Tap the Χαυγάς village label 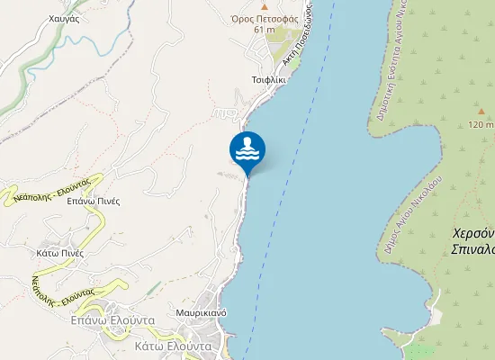[65, 18]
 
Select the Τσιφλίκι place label [269, 79]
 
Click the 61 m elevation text [264, 30]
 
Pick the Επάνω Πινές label [94, 201]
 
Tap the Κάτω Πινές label [60, 253]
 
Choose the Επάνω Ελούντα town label [113, 320]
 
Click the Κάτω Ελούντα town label [172, 346]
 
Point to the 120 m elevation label [481, 125]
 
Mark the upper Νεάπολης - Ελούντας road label [52, 186]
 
